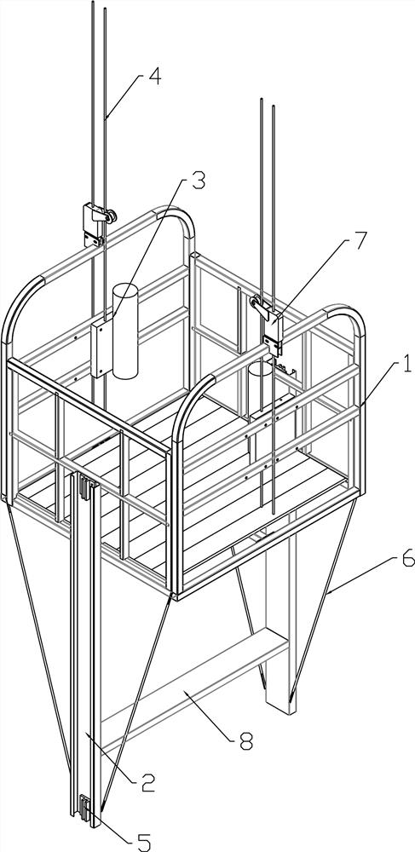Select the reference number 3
point(199,181)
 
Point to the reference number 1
point(406,362)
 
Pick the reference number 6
point(406,558)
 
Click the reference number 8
point(246,741)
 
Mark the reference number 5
point(144,843)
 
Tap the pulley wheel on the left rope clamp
point(112,216)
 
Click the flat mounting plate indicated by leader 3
point(101,348)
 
